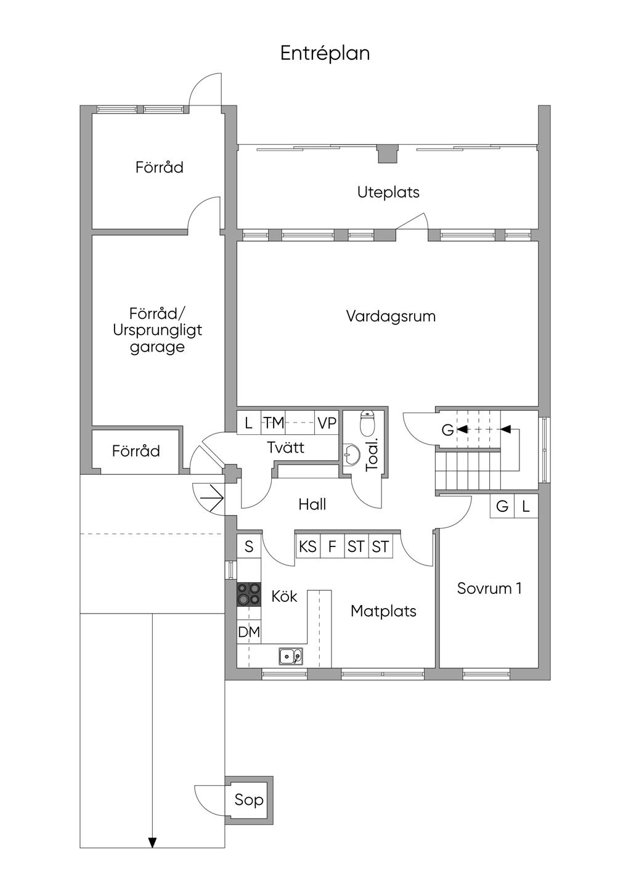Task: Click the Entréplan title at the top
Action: pyautogui.click(x=325, y=53)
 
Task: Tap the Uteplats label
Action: pyautogui.click(x=388, y=192)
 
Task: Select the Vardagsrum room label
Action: pyautogui.click(x=391, y=316)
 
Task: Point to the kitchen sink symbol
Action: pyautogui.click(x=290, y=656)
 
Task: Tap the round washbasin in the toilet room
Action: pyautogui.click(x=352, y=456)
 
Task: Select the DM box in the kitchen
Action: pyautogui.click(x=249, y=632)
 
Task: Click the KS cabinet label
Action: pyautogui.click(x=307, y=546)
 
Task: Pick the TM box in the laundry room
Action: pyautogui.click(x=274, y=423)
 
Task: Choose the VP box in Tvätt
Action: pyautogui.click(x=327, y=423)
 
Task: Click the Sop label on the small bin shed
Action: pyautogui.click(x=249, y=800)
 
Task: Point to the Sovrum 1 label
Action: pyautogui.click(x=489, y=588)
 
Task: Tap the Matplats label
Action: pyautogui.click(x=383, y=611)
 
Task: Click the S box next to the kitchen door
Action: pyautogui.click(x=249, y=546)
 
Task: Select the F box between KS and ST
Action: pyautogui.click(x=332, y=546)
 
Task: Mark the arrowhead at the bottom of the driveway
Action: pyautogui.click(x=152, y=843)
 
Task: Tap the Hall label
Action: pyautogui.click(x=312, y=504)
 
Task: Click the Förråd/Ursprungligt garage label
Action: pyautogui.click(x=157, y=330)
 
